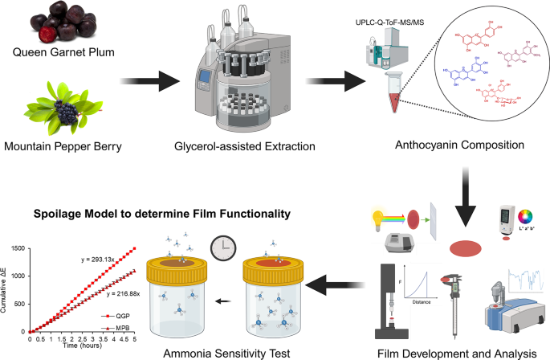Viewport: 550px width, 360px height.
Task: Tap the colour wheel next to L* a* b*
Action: [x=527, y=215]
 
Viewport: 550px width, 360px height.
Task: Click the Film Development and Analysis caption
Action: [x=455, y=350]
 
